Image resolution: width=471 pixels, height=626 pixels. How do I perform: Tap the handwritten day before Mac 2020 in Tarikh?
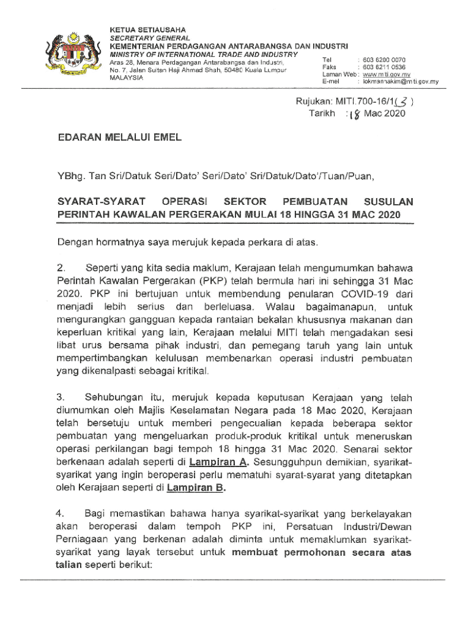(x=354, y=114)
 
